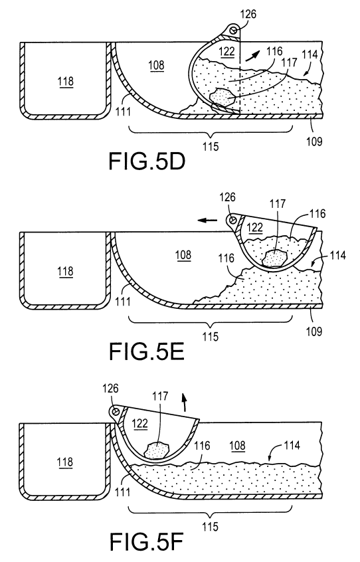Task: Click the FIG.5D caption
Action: [147, 161]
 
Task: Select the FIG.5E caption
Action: [147, 351]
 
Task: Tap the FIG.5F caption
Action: [146, 541]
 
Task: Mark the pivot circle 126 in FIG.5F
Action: [116, 411]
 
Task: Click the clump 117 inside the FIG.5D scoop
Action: [221, 97]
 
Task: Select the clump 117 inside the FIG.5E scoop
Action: [275, 258]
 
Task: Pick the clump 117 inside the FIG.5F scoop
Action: [158, 450]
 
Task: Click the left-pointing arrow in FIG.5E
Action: [208, 220]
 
